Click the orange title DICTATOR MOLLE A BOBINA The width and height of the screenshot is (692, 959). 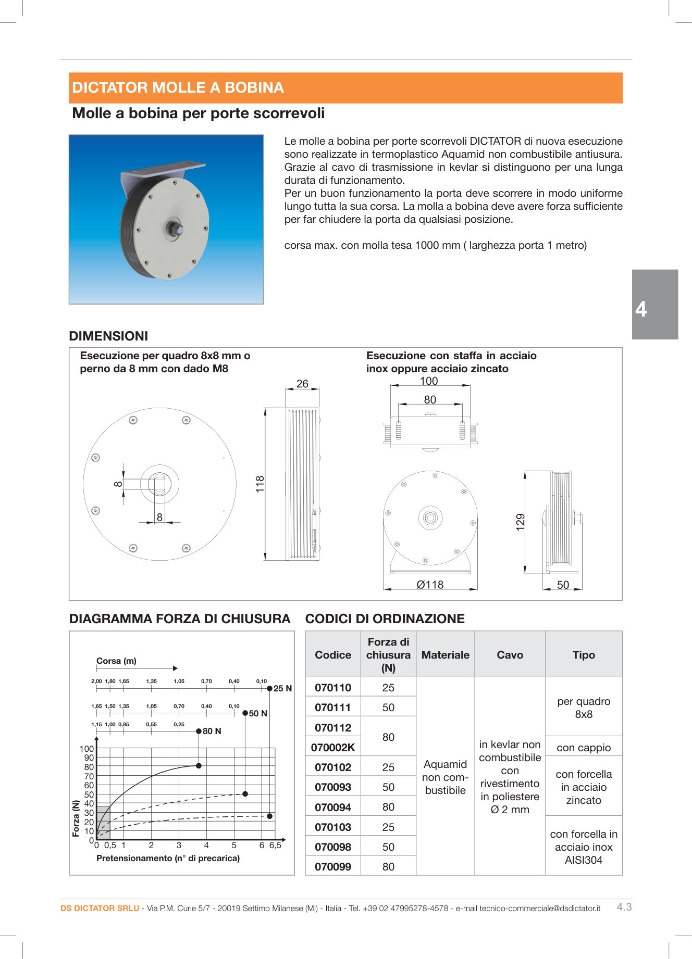tap(178, 87)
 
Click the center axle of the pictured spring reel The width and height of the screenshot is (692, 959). tap(174, 228)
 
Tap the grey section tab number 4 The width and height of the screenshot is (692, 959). tap(641, 309)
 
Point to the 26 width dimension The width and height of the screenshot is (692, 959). tap(302, 384)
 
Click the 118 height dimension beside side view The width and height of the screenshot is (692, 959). tap(260, 484)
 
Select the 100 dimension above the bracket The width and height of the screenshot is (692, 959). tap(429, 381)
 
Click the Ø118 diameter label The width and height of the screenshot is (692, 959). tap(430, 585)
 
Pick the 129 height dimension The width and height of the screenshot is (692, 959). tap(520, 522)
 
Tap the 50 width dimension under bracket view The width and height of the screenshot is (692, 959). tap(563, 585)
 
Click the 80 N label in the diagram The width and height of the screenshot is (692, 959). tap(212, 731)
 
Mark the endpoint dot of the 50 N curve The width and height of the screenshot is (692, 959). tap(245, 794)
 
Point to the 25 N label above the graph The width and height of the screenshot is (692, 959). tap(282, 688)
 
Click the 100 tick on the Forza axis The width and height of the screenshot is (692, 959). tap(86, 749)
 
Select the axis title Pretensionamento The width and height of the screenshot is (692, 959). tap(168, 858)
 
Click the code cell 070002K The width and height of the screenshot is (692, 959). tap(333, 748)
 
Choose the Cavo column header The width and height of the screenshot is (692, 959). tap(510, 655)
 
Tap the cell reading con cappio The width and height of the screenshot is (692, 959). tap(584, 748)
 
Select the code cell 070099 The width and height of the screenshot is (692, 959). tap(333, 867)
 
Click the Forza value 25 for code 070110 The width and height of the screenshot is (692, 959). tap(388, 688)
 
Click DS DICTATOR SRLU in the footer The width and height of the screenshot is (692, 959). tap(100, 908)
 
